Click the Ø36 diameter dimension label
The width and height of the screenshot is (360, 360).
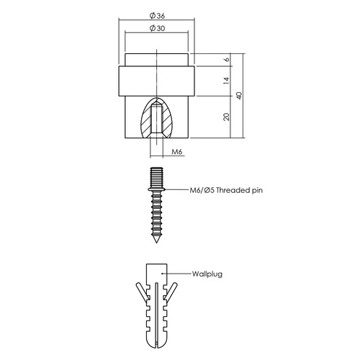[x=157, y=16]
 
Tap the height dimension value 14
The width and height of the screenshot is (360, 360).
[x=225, y=82]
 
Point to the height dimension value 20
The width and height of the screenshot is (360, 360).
[x=225, y=117]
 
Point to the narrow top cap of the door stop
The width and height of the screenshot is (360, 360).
[x=157, y=59]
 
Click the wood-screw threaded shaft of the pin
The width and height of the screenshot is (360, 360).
[x=157, y=216]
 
